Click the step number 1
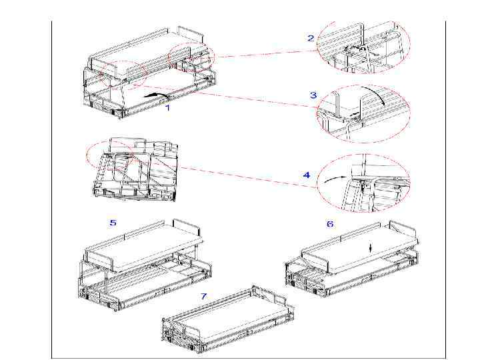click(x=167, y=107)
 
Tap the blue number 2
click(x=311, y=38)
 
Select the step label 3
click(x=313, y=95)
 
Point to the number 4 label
click(x=307, y=175)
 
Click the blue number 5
click(x=113, y=223)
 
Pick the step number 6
click(x=330, y=224)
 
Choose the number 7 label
click(x=203, y=296)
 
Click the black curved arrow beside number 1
click(x=157, y=95)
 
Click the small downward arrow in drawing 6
click(x=371, y=248)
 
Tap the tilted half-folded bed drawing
click(x=135, y=169)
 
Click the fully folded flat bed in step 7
click(x=227, y=319)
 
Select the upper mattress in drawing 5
click(x=144, y=245)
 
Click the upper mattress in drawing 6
click(x=360, y=248)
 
